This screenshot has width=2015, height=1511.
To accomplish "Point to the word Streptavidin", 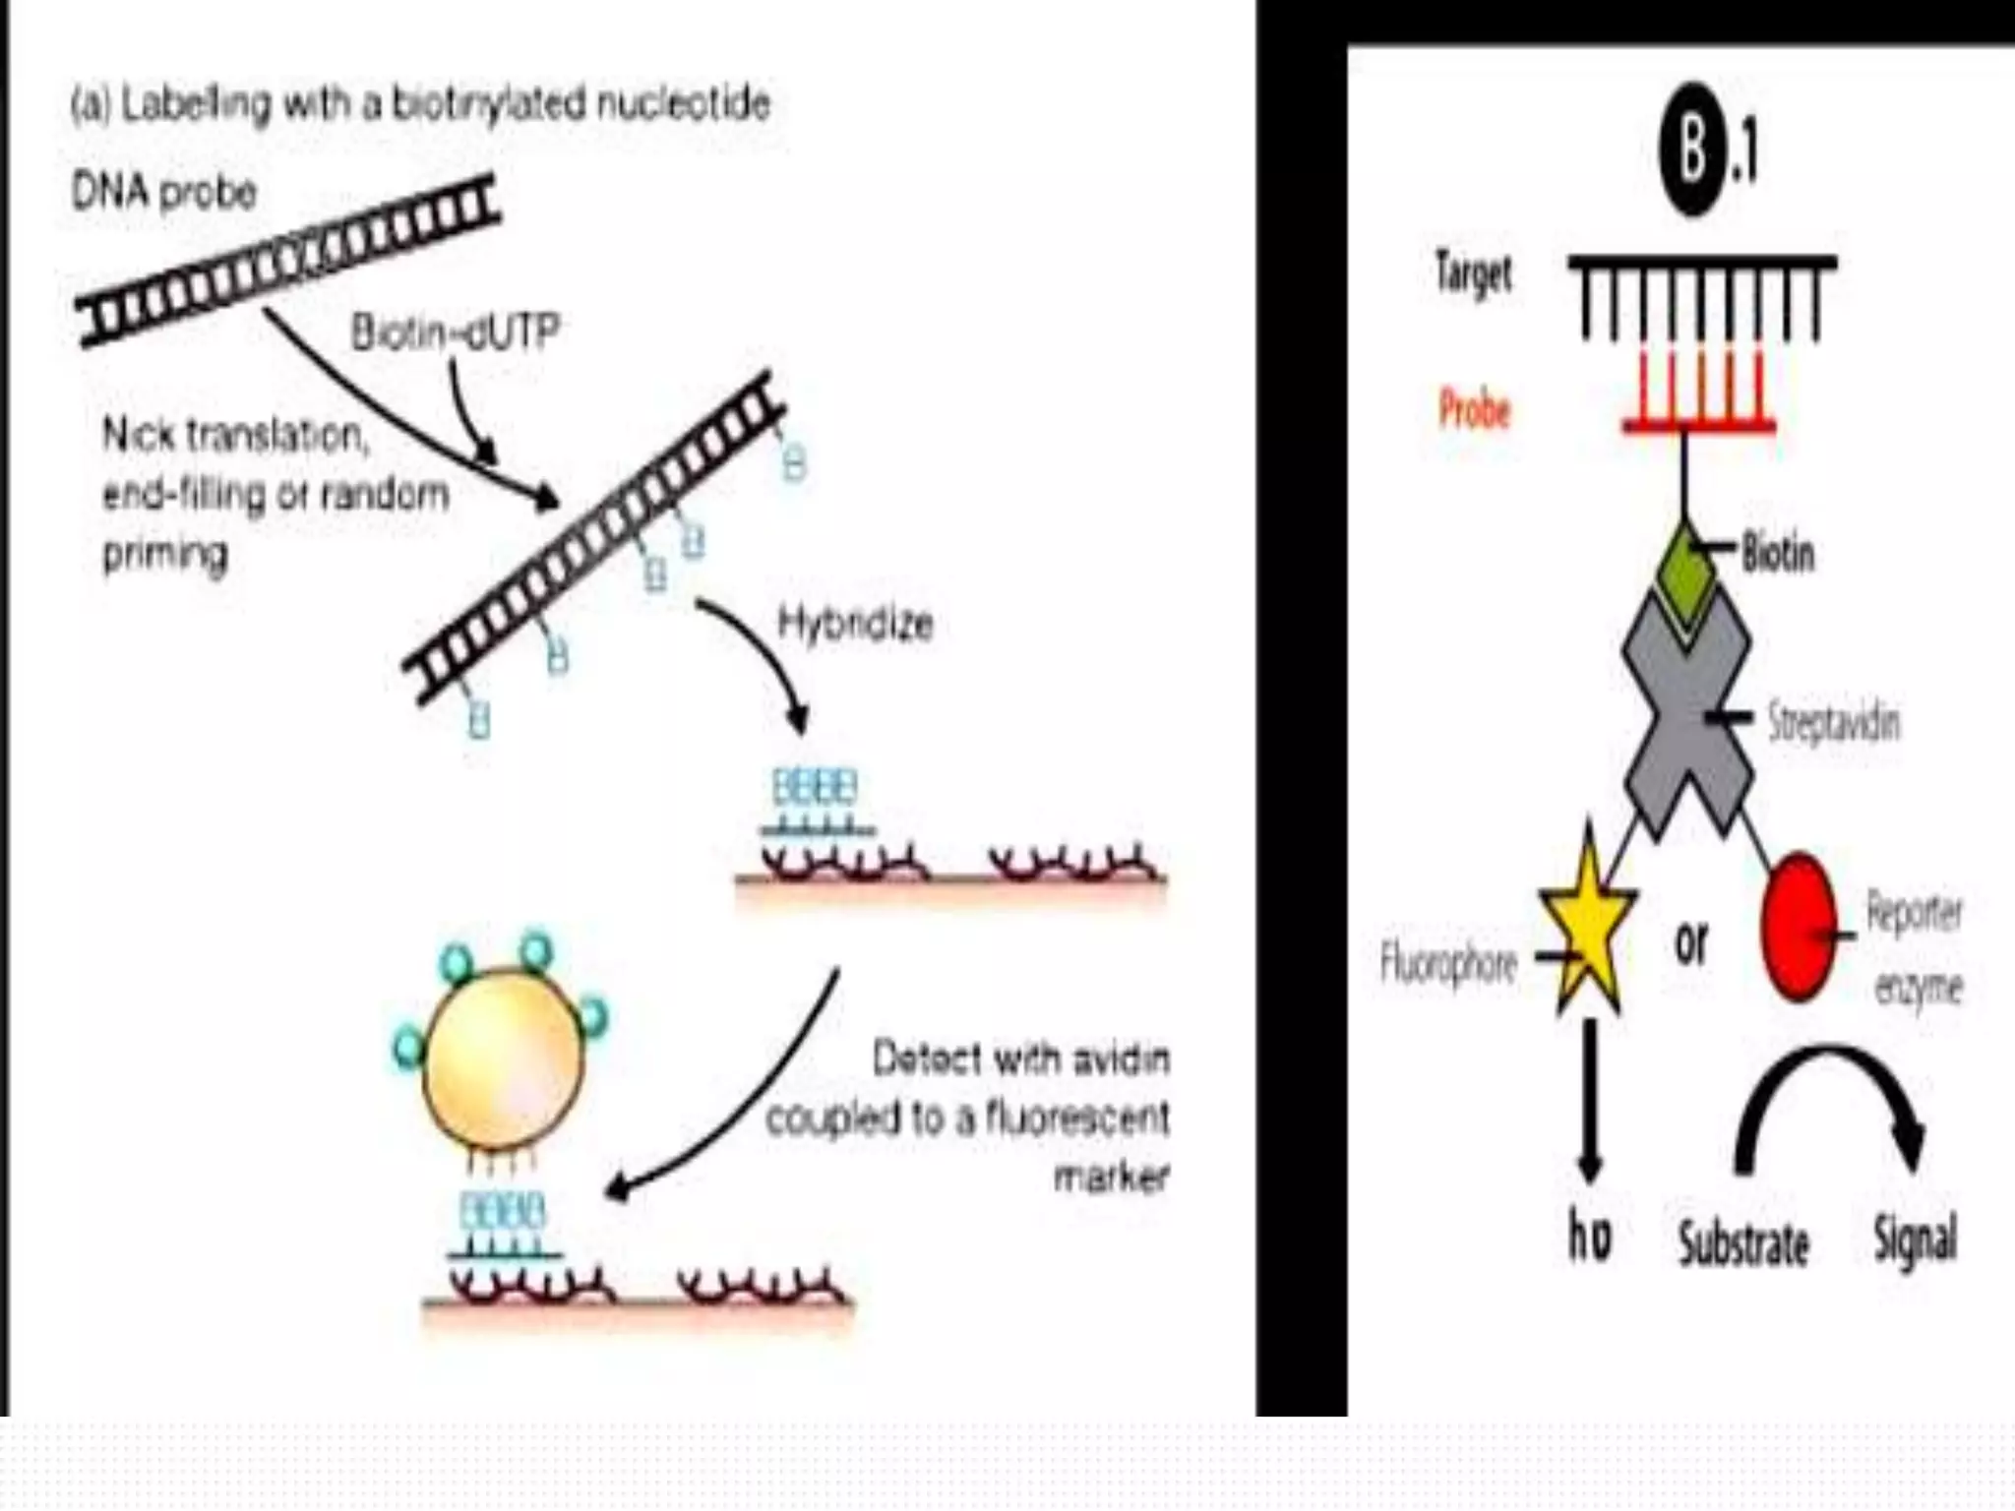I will [x=1833, y=723].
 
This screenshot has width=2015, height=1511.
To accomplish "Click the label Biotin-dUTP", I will [x=456, y=333].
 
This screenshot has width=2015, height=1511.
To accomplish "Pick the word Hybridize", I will [x=855, y=624].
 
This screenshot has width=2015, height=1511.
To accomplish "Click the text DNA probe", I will [x=164, y=191].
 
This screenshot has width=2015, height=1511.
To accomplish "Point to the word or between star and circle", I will [x=1691, y=942].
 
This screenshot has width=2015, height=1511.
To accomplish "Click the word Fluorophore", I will [x=1448, y=963].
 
